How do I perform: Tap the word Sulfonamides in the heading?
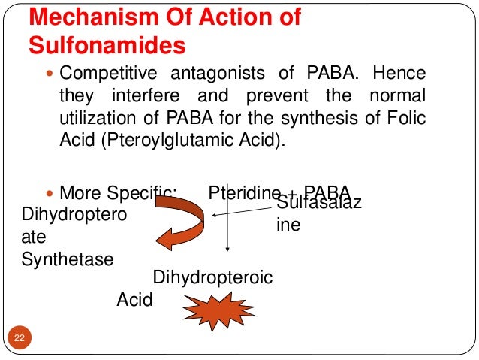click(107, 46)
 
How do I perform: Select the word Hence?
click(398, 75)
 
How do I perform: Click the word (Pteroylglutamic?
click(168, 141)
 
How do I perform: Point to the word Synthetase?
click(68, 259)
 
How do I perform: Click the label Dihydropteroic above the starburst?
click(212, 278)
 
